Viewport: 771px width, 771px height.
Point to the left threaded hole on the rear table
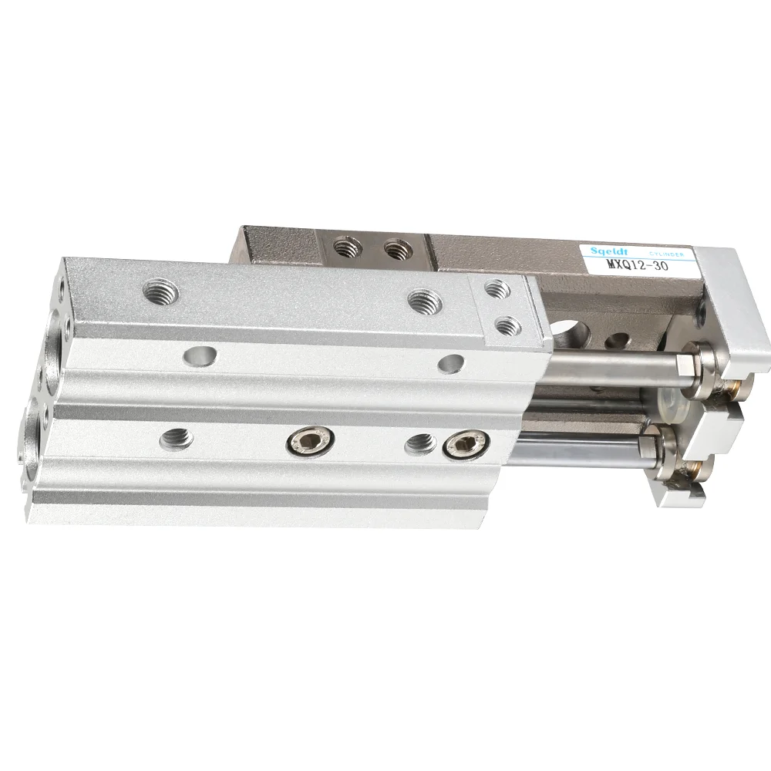tap(344, 248)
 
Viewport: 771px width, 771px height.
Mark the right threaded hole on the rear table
tap(396, 248)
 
